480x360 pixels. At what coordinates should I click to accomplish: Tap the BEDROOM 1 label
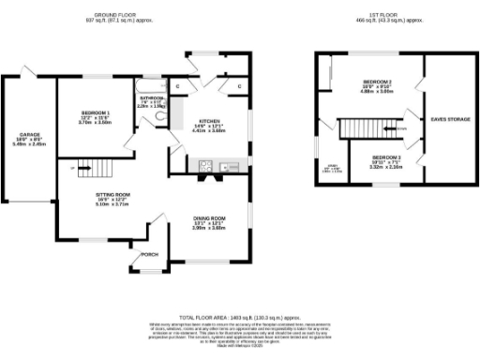pos(95,112)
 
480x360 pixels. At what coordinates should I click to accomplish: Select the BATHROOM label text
pos(153,97)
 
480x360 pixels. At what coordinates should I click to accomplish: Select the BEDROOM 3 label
pos(385,157)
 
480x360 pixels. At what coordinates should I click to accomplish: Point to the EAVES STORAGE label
pos(450,119)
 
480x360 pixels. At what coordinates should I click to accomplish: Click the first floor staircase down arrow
pos(398,129)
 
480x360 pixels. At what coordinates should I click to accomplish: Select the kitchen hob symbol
pos(205,168)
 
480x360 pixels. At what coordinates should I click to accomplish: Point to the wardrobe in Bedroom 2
pos(331,70)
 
